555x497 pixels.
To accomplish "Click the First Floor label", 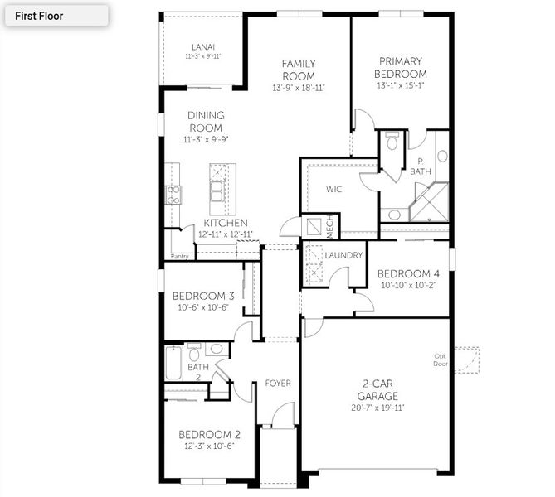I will pyautogui.click(x=39, y=15).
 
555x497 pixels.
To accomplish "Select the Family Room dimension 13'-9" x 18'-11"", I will pyautogui.click(x=298, y=88).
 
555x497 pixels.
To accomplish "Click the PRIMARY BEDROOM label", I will pyautogui.click(x=401, y=67).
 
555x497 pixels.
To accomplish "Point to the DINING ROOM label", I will pyautogui.click(x=206, y=122).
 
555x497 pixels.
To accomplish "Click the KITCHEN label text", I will pyautogui.click(x=226, y=224).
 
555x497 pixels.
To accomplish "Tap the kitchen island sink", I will pyautogui.click(x=217, y=192).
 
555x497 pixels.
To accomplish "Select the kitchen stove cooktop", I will pyautogui.click(x=174, y=195).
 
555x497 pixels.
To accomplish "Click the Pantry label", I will pyautogui.click(x=179, y=257).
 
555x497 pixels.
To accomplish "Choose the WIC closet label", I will pyautogui.click(x=333, y=190).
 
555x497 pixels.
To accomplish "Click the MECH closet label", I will pyautogui.click(x=329, y=225).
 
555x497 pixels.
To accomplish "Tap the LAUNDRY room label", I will pyautogui.click(x=343, y=255).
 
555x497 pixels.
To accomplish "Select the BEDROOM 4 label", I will pyautogui.click(x=408, y=274).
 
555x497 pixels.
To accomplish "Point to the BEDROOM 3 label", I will pyautogui.click(x=203, y=297).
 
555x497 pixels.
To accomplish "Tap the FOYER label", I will pyautogui.click(x=278, y=384).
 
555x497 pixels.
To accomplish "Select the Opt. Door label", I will pyautogui.click(x=440, y=360).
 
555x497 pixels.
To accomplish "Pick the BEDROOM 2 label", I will pyautogui.click(x=209, y=434).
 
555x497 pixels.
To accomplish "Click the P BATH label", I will pyautogui.click(x=421, y=166).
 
